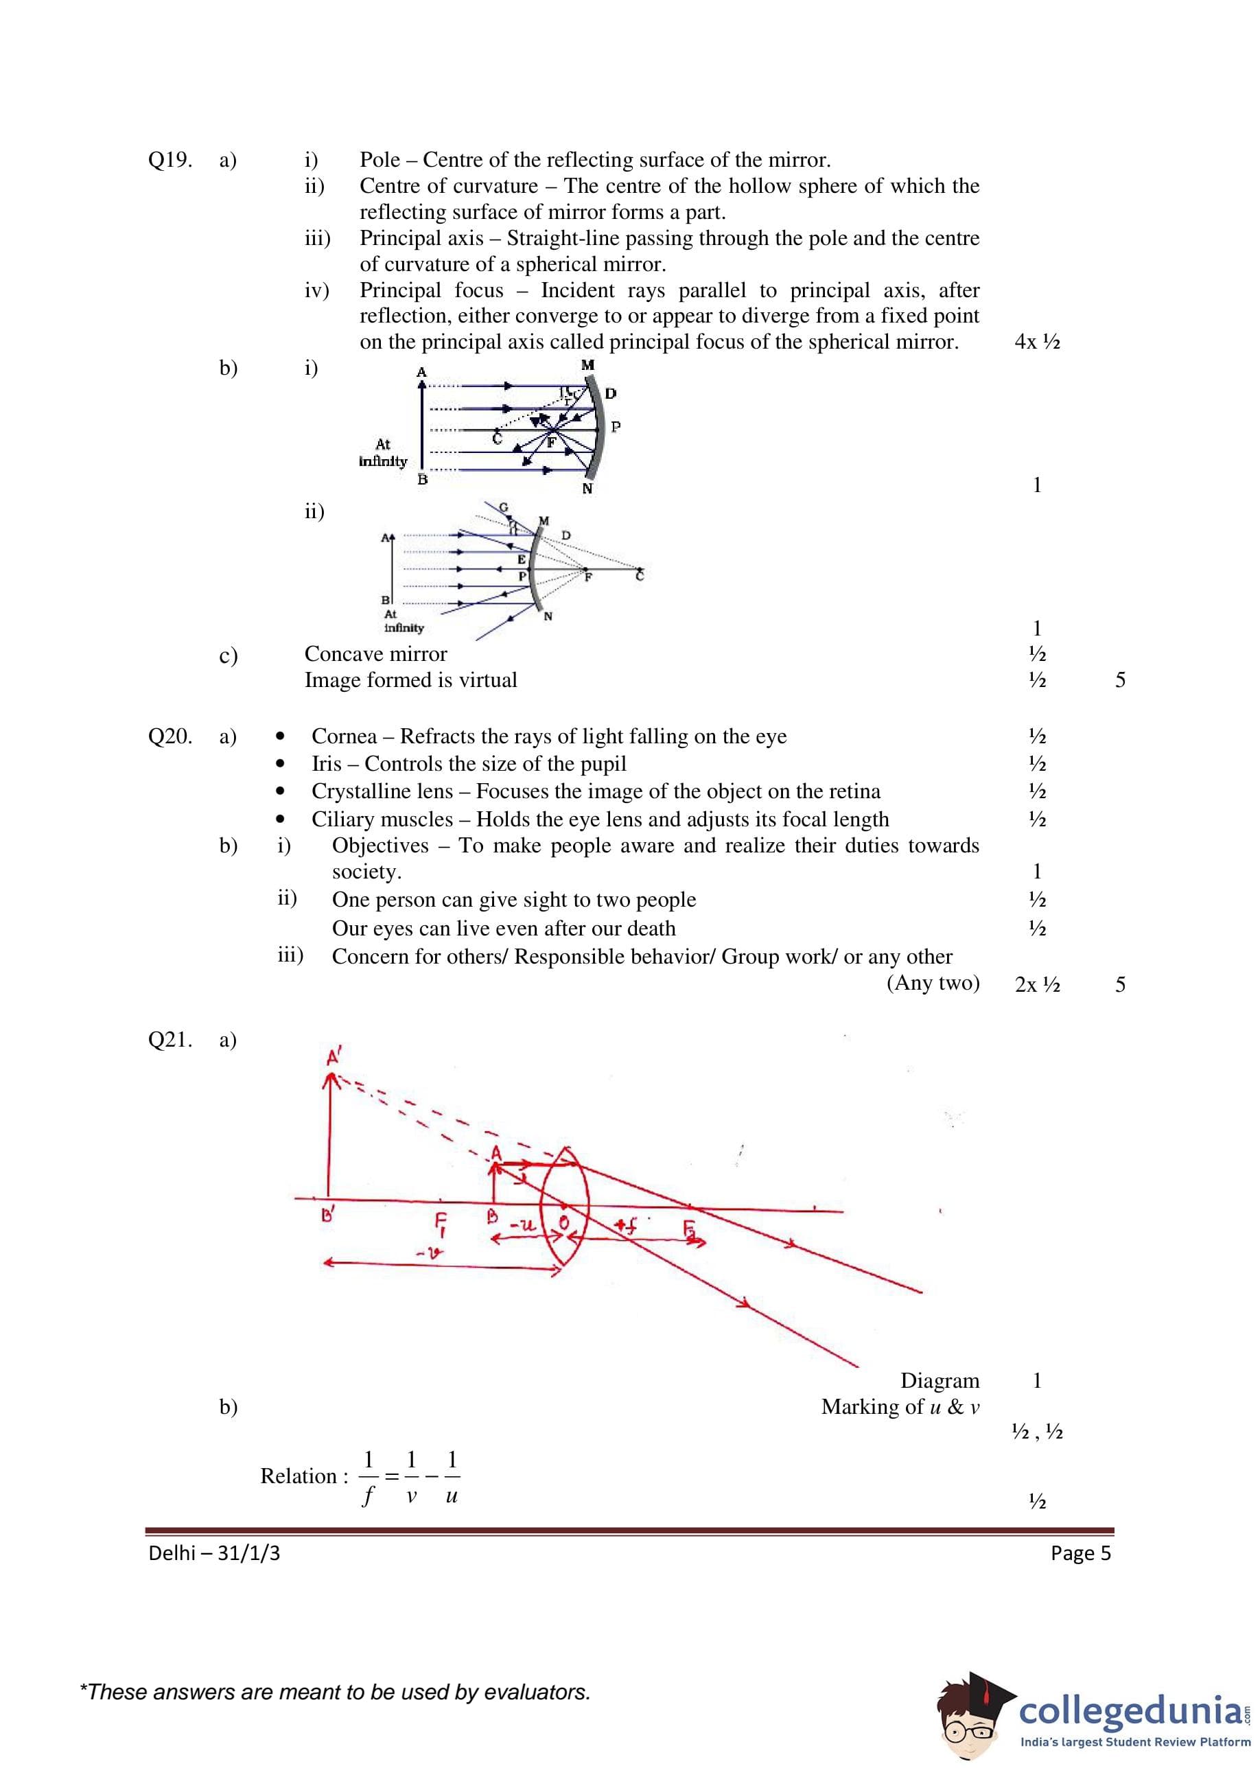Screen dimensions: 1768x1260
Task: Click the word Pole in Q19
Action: [x=380, y=160]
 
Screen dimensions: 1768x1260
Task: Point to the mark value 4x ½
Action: [x=1036, y=341]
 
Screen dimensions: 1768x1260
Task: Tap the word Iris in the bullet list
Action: [x=326, y=764]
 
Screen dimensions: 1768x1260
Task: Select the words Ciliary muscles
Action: [x=382, y=819]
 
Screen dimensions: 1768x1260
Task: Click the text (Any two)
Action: [x=933, y=983]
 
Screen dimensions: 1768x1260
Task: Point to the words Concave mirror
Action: [x=375, y=654]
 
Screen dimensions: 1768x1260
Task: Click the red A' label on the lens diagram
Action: [x=334, y=1056]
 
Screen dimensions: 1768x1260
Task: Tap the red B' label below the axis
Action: [x=327, y=1215]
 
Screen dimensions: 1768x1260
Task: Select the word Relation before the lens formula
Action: [x=298, y=1476]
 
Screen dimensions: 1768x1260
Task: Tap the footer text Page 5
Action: [x=1080, y=1553]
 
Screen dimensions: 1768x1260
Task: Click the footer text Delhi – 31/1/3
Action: [x=214, y=1553]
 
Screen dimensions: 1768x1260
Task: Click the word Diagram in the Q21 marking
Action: [x=940, y=1381]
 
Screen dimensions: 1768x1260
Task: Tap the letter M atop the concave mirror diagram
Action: [x=587, y=365]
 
